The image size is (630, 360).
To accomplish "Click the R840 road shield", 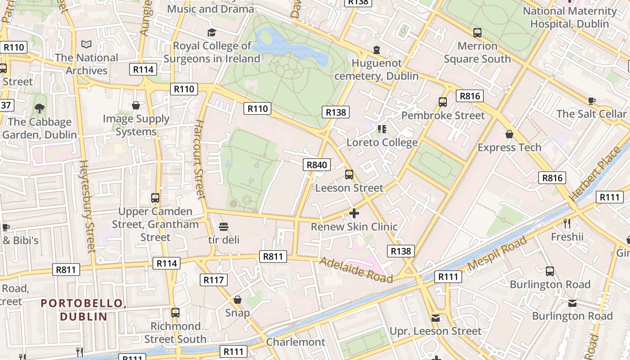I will (316, 165).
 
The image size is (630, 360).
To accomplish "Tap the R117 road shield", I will (213, 280).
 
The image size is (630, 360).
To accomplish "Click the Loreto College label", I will (382, 143).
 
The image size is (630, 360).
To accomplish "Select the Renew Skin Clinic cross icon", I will (354, 213).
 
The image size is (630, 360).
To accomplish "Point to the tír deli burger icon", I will (224, 226).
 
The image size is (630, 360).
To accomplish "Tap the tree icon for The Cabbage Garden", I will (40, 108).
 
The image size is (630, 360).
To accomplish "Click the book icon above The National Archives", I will (86, 44).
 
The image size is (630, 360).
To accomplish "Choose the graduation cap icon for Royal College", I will (211, 32).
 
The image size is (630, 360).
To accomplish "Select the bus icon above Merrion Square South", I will (477, 32).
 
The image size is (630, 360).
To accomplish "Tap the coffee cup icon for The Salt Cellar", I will (591, 100).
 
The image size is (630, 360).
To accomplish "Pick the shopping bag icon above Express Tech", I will (509, 134).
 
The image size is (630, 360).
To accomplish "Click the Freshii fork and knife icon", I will (567, 223).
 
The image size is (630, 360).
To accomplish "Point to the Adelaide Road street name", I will (356, 270).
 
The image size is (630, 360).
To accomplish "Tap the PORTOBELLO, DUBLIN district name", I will (84, 310).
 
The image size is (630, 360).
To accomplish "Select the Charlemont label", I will (295, 342).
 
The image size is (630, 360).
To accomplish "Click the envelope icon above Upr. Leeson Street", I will (435, 318).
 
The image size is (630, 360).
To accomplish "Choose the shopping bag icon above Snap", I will (238, 300).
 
